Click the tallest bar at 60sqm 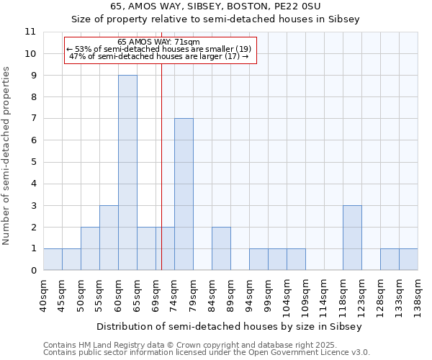(127, 173)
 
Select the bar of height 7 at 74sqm (184, 194)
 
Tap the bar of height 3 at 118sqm (352, 238)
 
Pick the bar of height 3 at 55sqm (109, 238)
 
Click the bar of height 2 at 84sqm (221, 248)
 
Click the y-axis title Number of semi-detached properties (7, 156)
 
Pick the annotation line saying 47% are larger (158, 56)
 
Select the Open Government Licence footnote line (207, 353)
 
